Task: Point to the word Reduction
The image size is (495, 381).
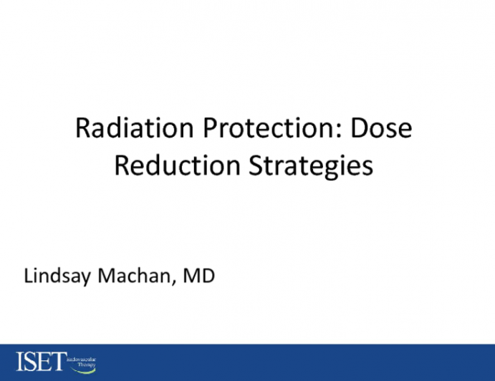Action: click(x=176, y=165)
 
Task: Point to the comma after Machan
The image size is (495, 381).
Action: click(x=170, y=281)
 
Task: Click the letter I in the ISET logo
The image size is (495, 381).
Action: click(x=20, y=362)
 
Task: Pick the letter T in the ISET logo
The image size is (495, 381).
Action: click(x=56, y=362)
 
